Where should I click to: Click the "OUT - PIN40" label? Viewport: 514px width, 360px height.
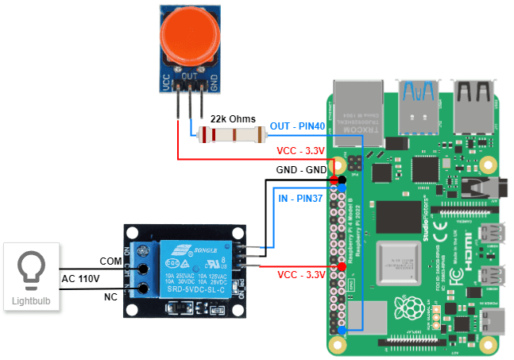point(298,126)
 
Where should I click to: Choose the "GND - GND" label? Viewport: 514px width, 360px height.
point(303,170)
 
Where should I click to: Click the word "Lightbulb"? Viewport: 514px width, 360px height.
point(32,301)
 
